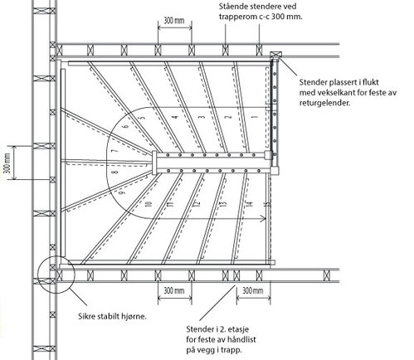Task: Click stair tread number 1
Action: pos(255,117)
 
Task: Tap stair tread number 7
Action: pos(115,151)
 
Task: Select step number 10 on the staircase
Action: pos(149,204)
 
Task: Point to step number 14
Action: pos(249,204)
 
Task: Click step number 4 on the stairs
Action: pos(175,117)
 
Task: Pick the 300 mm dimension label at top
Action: pos(174,21)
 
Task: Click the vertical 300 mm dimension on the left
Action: pos(7,163)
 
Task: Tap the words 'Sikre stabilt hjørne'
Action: pos(112,316)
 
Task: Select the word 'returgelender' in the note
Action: pos(324,103)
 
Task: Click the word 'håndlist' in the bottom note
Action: pos(240,339)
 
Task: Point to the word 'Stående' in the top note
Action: pos(232,6)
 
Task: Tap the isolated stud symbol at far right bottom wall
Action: pos(327,275)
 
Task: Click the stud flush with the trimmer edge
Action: pos(275,55)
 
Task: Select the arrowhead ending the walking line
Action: pos(263,219)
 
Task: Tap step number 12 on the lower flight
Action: pos(197,204)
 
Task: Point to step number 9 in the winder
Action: pos(123,192)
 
